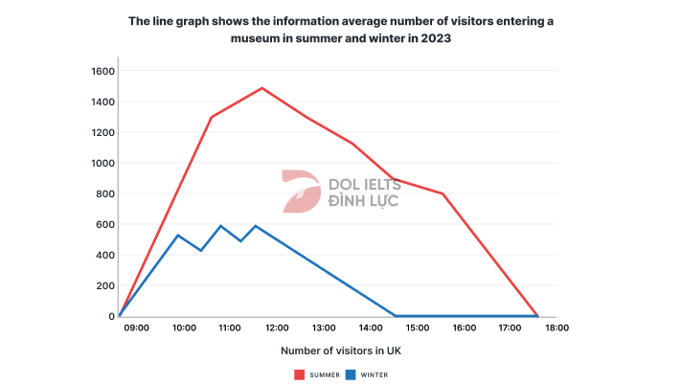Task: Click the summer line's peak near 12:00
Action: point(261,88)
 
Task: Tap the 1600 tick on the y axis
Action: point(102,71)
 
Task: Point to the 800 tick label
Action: point(104,193)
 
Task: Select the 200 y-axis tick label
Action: point(104,285)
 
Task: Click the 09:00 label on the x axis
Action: point(137,328)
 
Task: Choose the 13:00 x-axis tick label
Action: point(324,328)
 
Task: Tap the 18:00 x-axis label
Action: point(557,328)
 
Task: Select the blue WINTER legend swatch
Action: point(351,374)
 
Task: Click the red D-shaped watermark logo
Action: point(301,191)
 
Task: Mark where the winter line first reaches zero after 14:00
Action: point(396,315)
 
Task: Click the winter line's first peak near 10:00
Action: point(178,236)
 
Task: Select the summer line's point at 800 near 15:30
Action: point(443,193)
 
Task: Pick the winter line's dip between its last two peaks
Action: point(240,241)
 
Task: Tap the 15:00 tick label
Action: point(417,328)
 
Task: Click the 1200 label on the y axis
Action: point(102,132)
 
